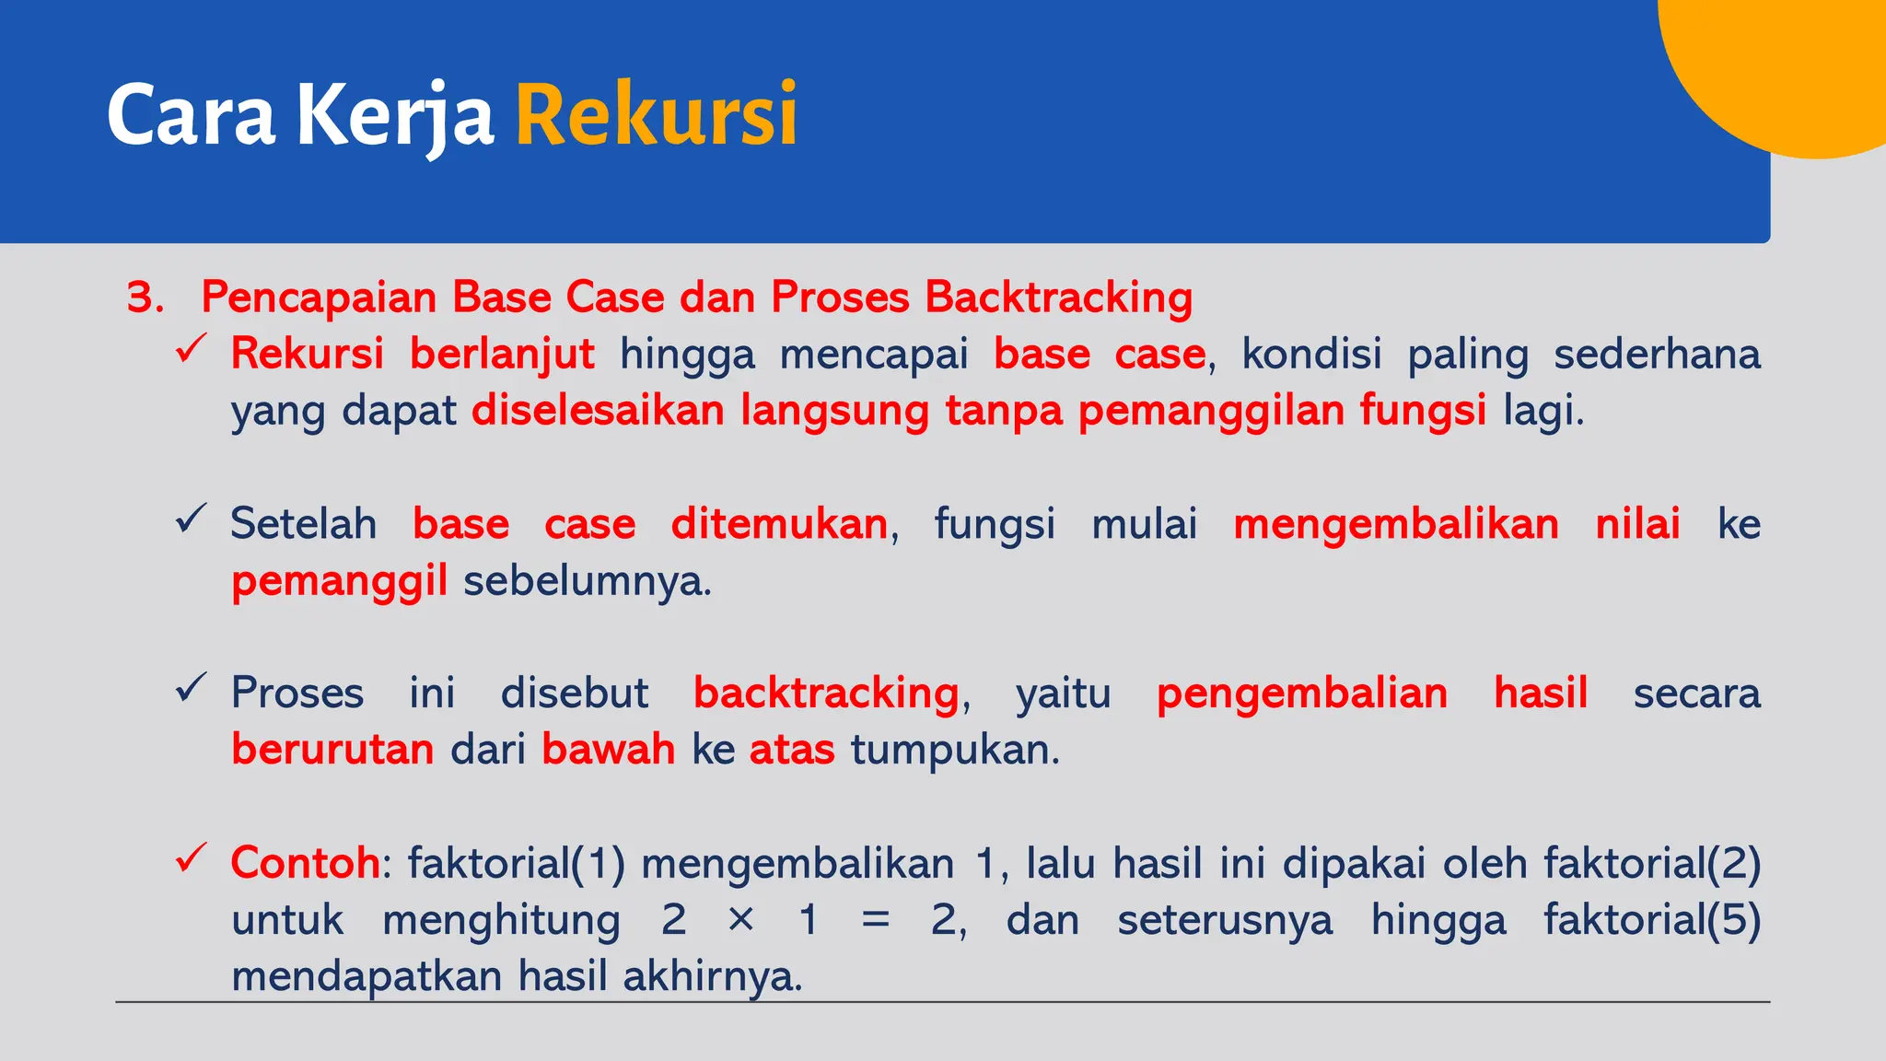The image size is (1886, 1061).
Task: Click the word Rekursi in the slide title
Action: pyautogui.click(x=656, y=115)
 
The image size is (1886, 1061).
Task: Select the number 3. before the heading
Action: pyautogui.click(x=146, y=297)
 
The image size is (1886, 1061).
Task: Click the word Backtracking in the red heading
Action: pyautogui.click(x=1059, y=297)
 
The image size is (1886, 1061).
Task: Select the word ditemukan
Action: pyautogui.click(x=779, y=524)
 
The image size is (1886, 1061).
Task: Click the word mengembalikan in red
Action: pyautogui.click(x=1396, y=524)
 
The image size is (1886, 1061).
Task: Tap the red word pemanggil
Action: pyautogui.click(x=339, y=581)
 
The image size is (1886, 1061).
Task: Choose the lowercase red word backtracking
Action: pyautogui.click(x=826, y=693)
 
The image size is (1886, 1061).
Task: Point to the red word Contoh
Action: pyautogui.click(x=305, y=863)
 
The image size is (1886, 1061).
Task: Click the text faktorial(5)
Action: pyautogui.click(x=1652, y=919)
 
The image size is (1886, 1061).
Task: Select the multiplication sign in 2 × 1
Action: pyautogui.click(x=741, y=919)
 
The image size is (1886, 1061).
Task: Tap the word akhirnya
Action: pyautogui.click(x=710, y=976)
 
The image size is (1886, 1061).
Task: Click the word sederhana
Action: pyautogui.click(x=1657, y=354)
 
